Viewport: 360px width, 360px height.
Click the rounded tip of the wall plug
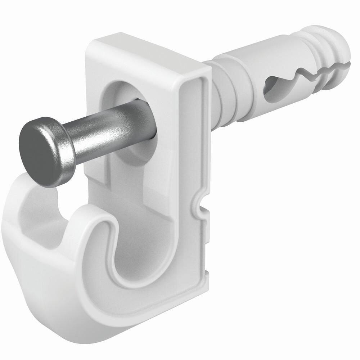pos(340,43)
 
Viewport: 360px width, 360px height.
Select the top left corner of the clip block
pos(90,47)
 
